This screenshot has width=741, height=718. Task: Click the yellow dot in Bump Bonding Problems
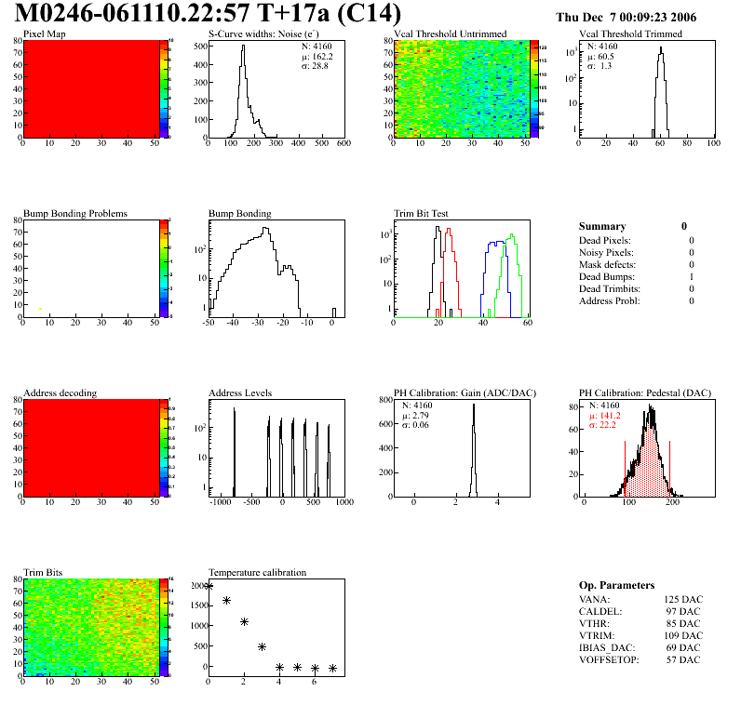click(x=40, y=308)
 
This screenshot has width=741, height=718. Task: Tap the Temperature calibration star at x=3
click(x=263, y=646)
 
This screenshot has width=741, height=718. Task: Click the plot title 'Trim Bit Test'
click(x=422, y=214)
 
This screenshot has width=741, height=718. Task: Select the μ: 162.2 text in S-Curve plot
click(x=317, y=56)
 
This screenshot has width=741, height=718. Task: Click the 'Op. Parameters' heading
click(x=616, y=585)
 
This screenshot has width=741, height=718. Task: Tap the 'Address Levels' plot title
click(x=240, y=393)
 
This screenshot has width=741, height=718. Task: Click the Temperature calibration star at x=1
click(x=226, y=601)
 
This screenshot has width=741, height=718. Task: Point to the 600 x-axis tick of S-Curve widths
click(x=344, y=143)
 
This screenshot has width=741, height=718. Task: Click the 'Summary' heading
click(x=602, y=226)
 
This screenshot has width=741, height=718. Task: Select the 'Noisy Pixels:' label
click(x=606, y=253)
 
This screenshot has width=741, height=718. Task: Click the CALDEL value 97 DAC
click(x=682, y=611)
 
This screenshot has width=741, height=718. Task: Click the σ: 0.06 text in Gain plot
click(x=416, y=425)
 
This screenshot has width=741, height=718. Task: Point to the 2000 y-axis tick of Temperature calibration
click(x=195, y=587)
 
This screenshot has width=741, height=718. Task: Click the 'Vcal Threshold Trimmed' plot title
click(x=630, y=34)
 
